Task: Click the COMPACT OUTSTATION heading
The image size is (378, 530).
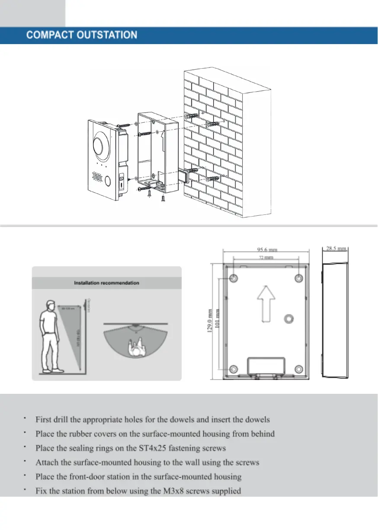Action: (x=82, y=35)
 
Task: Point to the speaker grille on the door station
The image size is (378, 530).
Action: (x=96, y=177)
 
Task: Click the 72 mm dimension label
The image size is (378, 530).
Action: (x=265, y=258)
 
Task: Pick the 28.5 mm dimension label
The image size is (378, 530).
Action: (x=336, y=249)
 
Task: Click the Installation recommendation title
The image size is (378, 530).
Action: (x=106, y=283)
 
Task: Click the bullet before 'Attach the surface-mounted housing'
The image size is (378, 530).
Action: (x=26, y=461)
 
